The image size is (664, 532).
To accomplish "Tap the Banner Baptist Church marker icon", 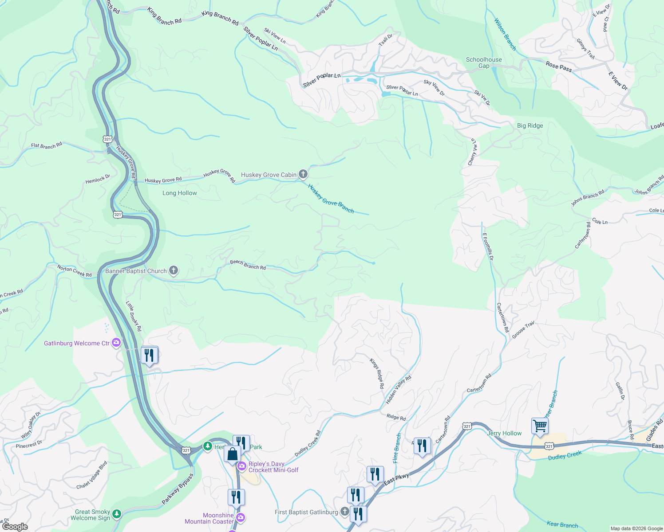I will point(174,270).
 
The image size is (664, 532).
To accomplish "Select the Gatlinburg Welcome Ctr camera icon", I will point(116,343).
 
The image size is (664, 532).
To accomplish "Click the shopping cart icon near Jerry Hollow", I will point(540,426).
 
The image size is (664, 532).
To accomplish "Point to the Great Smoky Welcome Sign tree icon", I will point(117,514).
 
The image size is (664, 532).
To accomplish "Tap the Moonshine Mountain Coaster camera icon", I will point(241,517).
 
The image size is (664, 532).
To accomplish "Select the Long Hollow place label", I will point(179,193).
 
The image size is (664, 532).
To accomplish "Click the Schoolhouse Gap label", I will point(484,63).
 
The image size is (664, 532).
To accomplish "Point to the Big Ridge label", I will point(530,126).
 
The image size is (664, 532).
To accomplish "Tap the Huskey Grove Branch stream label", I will point(331,199).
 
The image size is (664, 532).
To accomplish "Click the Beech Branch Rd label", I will point(248,265).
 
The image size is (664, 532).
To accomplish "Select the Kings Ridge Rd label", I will point(377,373).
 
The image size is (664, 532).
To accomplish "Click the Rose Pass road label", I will point(559,66).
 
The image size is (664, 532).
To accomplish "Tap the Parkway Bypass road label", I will point(178,489).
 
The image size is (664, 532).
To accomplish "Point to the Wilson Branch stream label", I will point(505,34).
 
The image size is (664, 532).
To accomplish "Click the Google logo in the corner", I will point(15,527).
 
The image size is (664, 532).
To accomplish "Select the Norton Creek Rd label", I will point(75,271).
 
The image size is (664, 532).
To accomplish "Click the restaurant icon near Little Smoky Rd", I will point(150,355).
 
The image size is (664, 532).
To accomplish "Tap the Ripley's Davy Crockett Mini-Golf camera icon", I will point(242,466).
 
